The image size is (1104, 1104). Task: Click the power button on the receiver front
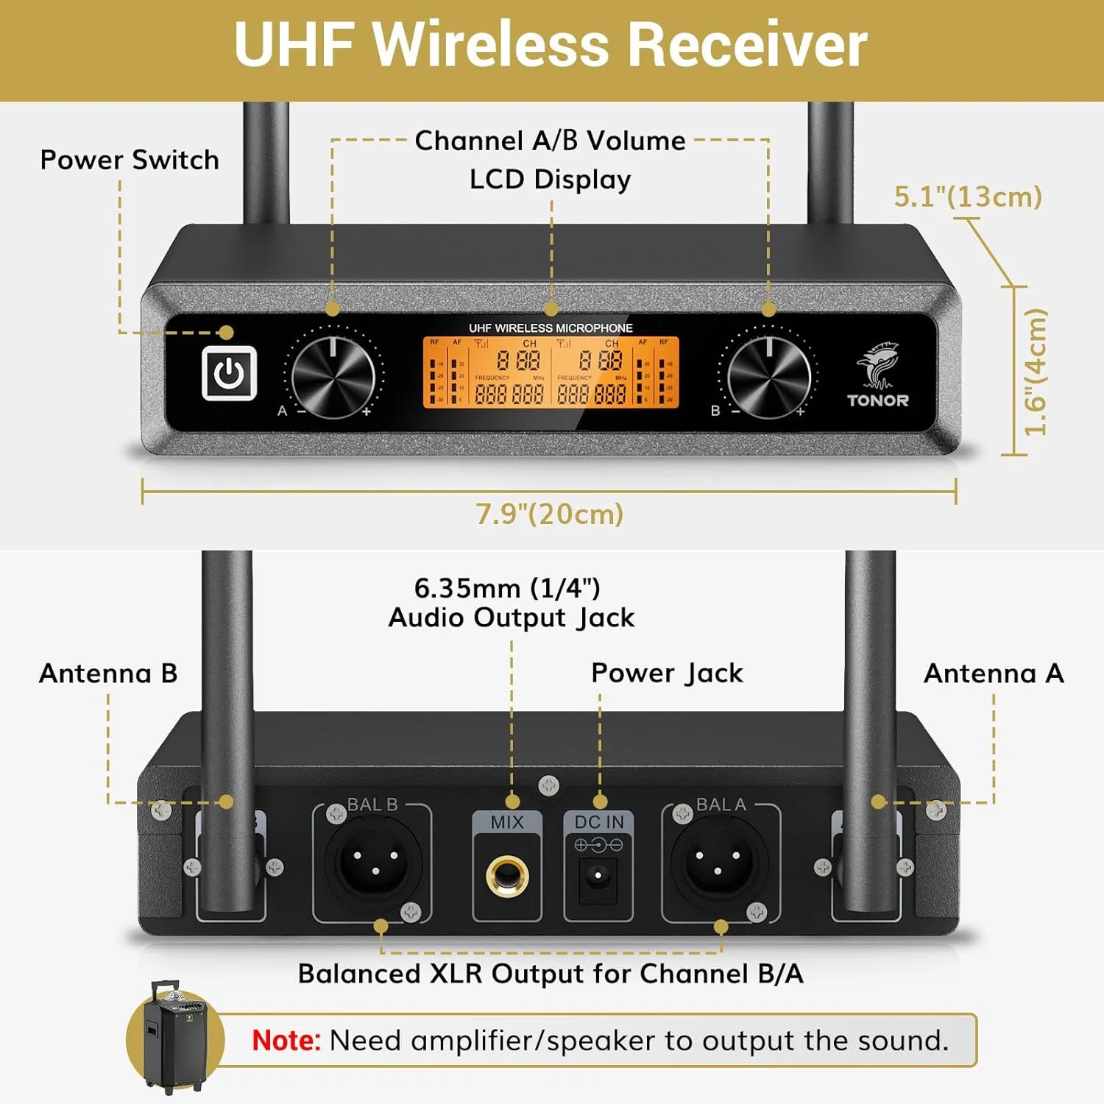[x=229, y=373]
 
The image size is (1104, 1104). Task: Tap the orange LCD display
[x=551, y=372]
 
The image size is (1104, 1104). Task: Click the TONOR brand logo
[x=877, y=375]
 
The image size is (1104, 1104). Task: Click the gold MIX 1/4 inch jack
[x=507, y=876]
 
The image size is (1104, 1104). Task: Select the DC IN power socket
[x=598, y=876]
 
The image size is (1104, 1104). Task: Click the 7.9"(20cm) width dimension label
[x=549, y=514]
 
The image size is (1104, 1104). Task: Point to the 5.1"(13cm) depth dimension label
[x=968, y=197]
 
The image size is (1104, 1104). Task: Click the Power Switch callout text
[x=130, y=160]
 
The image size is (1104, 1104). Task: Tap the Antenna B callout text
[x=108, y=673]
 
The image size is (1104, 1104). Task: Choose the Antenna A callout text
[x=994, y=673]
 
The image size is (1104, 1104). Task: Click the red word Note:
[x=286, y=1040]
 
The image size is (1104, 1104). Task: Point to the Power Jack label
[x=667, y=673]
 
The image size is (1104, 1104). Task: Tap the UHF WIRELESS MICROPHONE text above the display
[x=551, y=328]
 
